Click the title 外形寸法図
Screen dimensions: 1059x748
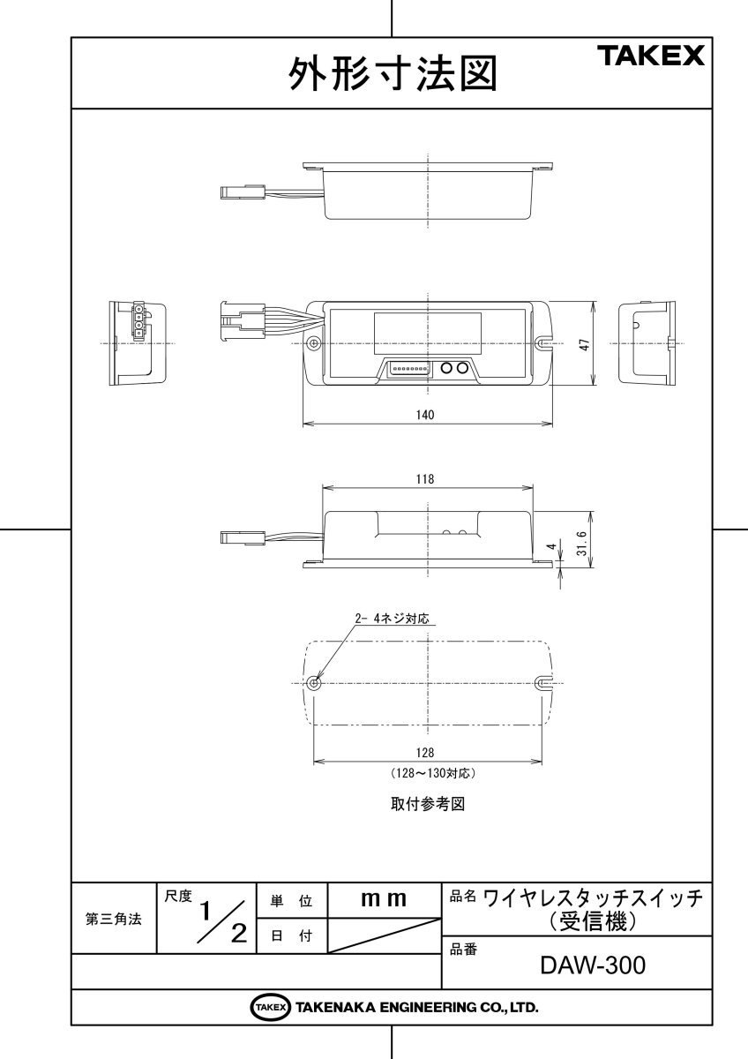[x=392, y=75]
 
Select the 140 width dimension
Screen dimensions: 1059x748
[x=426, y=414]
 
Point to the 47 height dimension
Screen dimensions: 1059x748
[x=583, y=345]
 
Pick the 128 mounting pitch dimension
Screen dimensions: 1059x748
[x=425, y=753]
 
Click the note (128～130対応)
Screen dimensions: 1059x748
[x=433, y=772]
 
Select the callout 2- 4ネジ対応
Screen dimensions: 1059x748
[x=391, y=620]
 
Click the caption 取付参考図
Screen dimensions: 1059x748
[x=427, y=805]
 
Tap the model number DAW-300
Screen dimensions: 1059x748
[x=593, y=965]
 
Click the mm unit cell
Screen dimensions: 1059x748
[x=384, y=900]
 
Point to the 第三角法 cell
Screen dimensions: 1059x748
[x=113, y=919]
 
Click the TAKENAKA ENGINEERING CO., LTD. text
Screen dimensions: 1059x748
[x=416, y=1007]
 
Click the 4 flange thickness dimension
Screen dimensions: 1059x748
[x=552, y=547]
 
